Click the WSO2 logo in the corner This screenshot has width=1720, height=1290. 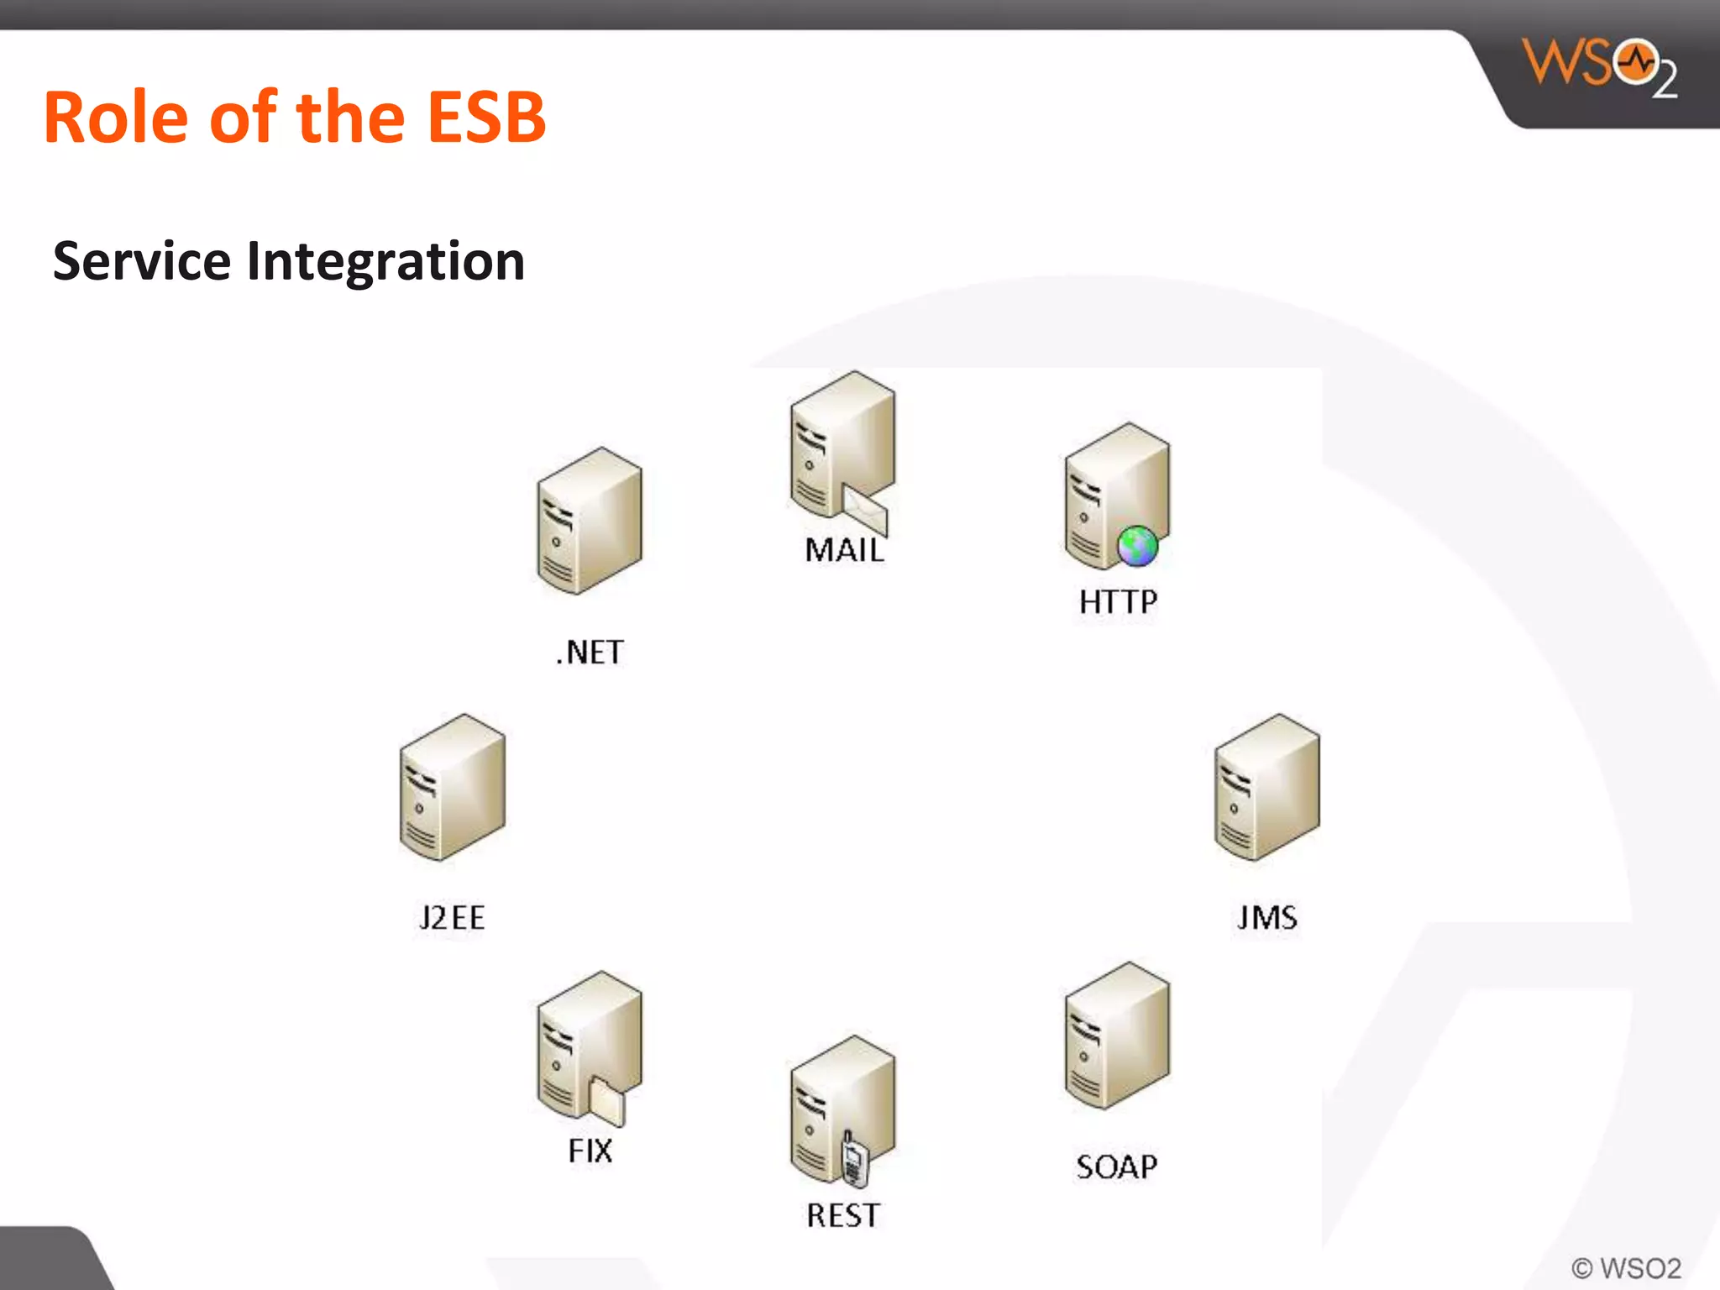pos(1599,67)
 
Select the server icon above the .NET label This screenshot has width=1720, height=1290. pos(590,521)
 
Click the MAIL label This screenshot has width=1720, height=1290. pos(844,550)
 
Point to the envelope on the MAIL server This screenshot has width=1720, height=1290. pos(865,509)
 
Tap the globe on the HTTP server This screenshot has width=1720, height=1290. pos(1137,546)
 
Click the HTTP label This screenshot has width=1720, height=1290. pos(1118,601)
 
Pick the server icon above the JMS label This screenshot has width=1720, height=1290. pos(1266,788)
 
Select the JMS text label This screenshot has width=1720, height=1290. pos(1266,917)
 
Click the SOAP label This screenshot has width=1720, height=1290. pos(1116,1167)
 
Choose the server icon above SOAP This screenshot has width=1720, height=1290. pos(1117,1036)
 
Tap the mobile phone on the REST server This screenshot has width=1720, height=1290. pos(854,1160)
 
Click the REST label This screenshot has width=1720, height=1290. pos(843,1215)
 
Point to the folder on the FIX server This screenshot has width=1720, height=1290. pos(606,1101)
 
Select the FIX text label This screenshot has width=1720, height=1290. pos(590,1151)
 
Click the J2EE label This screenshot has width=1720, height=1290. pos(452,917)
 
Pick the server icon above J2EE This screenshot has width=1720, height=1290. pos(452,788)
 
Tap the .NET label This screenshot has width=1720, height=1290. pos(590,653)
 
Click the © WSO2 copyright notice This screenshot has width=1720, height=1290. pos(1626,1267)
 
